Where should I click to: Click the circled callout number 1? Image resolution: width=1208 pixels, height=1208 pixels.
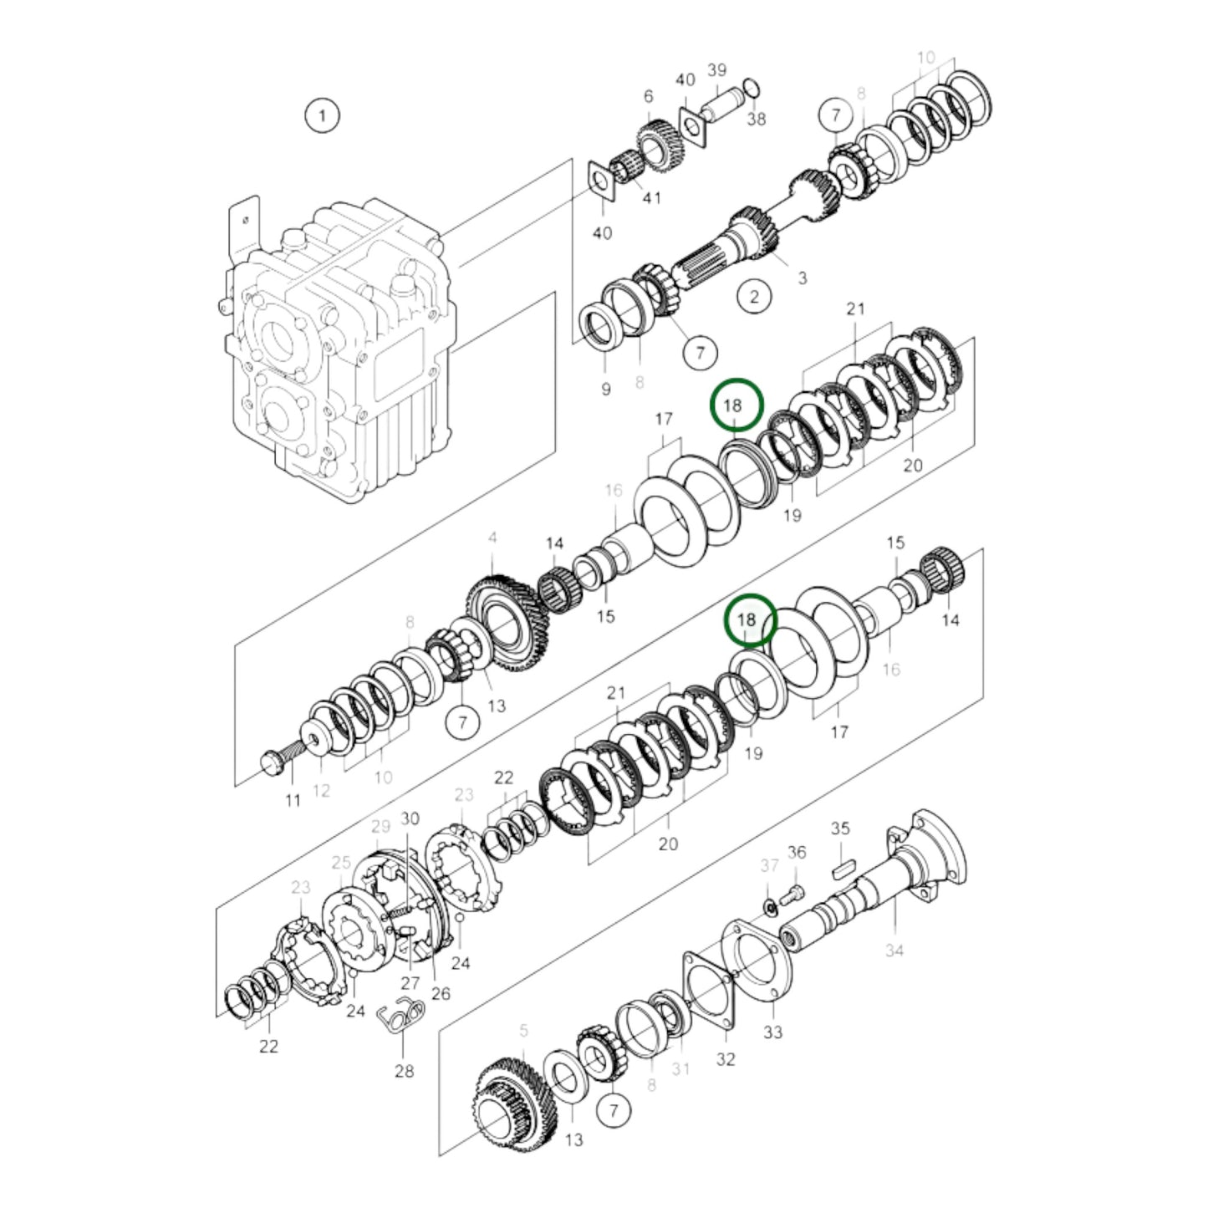pos(323,115)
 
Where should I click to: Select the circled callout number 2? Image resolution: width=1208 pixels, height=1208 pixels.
pos(754,296)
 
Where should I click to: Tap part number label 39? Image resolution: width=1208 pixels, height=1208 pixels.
pos(716,70)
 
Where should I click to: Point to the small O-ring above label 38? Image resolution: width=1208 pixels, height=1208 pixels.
pos(751,87)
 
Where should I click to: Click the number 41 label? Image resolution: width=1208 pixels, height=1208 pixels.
pos(651,197)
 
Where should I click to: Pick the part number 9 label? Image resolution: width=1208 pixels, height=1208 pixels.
pos(606,389)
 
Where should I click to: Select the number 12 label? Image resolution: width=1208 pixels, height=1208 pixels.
pos(321,791)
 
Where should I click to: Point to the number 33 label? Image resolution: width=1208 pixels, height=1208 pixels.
pos(772,1032)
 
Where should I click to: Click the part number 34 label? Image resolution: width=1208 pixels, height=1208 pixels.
pos(894,950)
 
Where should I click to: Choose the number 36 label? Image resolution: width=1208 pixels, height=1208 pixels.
pos(797,852)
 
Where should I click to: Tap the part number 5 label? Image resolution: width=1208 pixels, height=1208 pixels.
pos(523,1031)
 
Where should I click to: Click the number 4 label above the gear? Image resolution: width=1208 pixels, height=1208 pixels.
pos(492,538)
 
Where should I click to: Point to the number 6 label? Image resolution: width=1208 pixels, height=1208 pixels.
pos(648,97)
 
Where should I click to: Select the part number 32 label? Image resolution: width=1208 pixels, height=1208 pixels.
pos(725,1059)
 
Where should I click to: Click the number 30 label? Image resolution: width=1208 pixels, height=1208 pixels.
pos(410,818)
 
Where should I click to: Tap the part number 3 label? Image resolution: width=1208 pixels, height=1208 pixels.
pos(802,278)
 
